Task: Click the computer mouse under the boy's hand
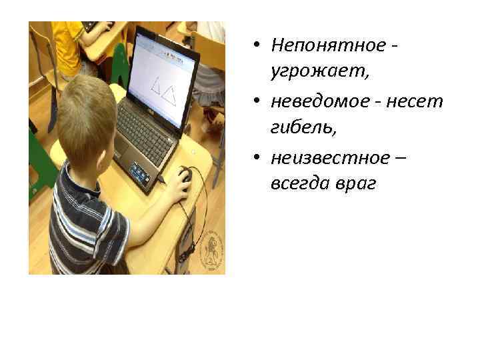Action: coord(184,175)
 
